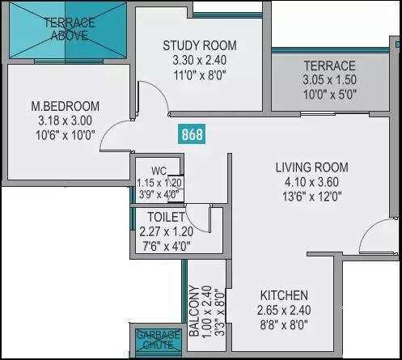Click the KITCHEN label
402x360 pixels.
coord(283,296)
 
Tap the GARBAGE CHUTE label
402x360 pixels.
coord(154,339)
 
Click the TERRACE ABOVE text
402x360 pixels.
coord(69,28)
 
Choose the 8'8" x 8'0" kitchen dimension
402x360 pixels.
coord(283,325)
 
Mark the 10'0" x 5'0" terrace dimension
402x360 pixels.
coord(329,95)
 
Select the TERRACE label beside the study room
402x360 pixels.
coord(329,66)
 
